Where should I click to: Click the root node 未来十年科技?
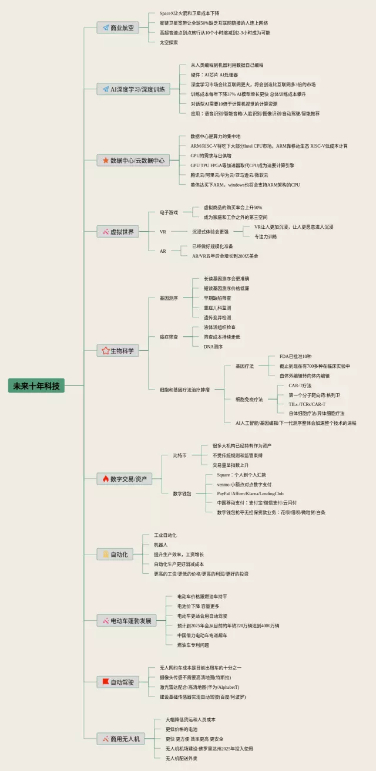[x=36, y=386]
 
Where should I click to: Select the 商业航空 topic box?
[x=117, y=28]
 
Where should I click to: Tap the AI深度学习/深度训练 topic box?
[x=133, y=89]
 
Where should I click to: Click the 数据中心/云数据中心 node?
[x=133, y=160]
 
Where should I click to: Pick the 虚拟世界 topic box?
[x=118, y=232]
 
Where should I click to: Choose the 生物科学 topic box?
[x=118, y=351]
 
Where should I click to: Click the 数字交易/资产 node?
[x=125, y=479]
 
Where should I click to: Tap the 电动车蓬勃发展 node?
[x=126, y=620]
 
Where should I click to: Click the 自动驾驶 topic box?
[x=118, y=682]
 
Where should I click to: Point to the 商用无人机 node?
[x=120, y=739]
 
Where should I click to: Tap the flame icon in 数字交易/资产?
[x=106, y=479]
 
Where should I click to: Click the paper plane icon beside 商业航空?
[x=106, y=28]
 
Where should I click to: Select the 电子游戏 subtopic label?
[x=169, y=212]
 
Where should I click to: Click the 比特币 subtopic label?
[x=180, y=455]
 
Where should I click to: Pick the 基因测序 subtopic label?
[x=169, y=298]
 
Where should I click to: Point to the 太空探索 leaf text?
[x=169, y=42]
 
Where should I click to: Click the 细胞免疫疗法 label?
[x=249, y=399]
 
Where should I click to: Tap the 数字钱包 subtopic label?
[x=182, y=493]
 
